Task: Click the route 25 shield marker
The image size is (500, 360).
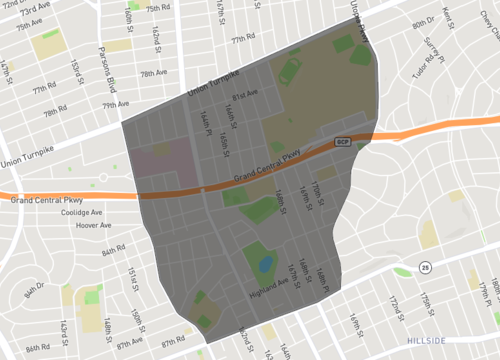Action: coord(425,267)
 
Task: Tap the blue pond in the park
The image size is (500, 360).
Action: coord(266,265)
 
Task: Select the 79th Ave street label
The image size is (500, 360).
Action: coord(116,104)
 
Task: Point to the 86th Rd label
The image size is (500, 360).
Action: coord(38,348)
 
